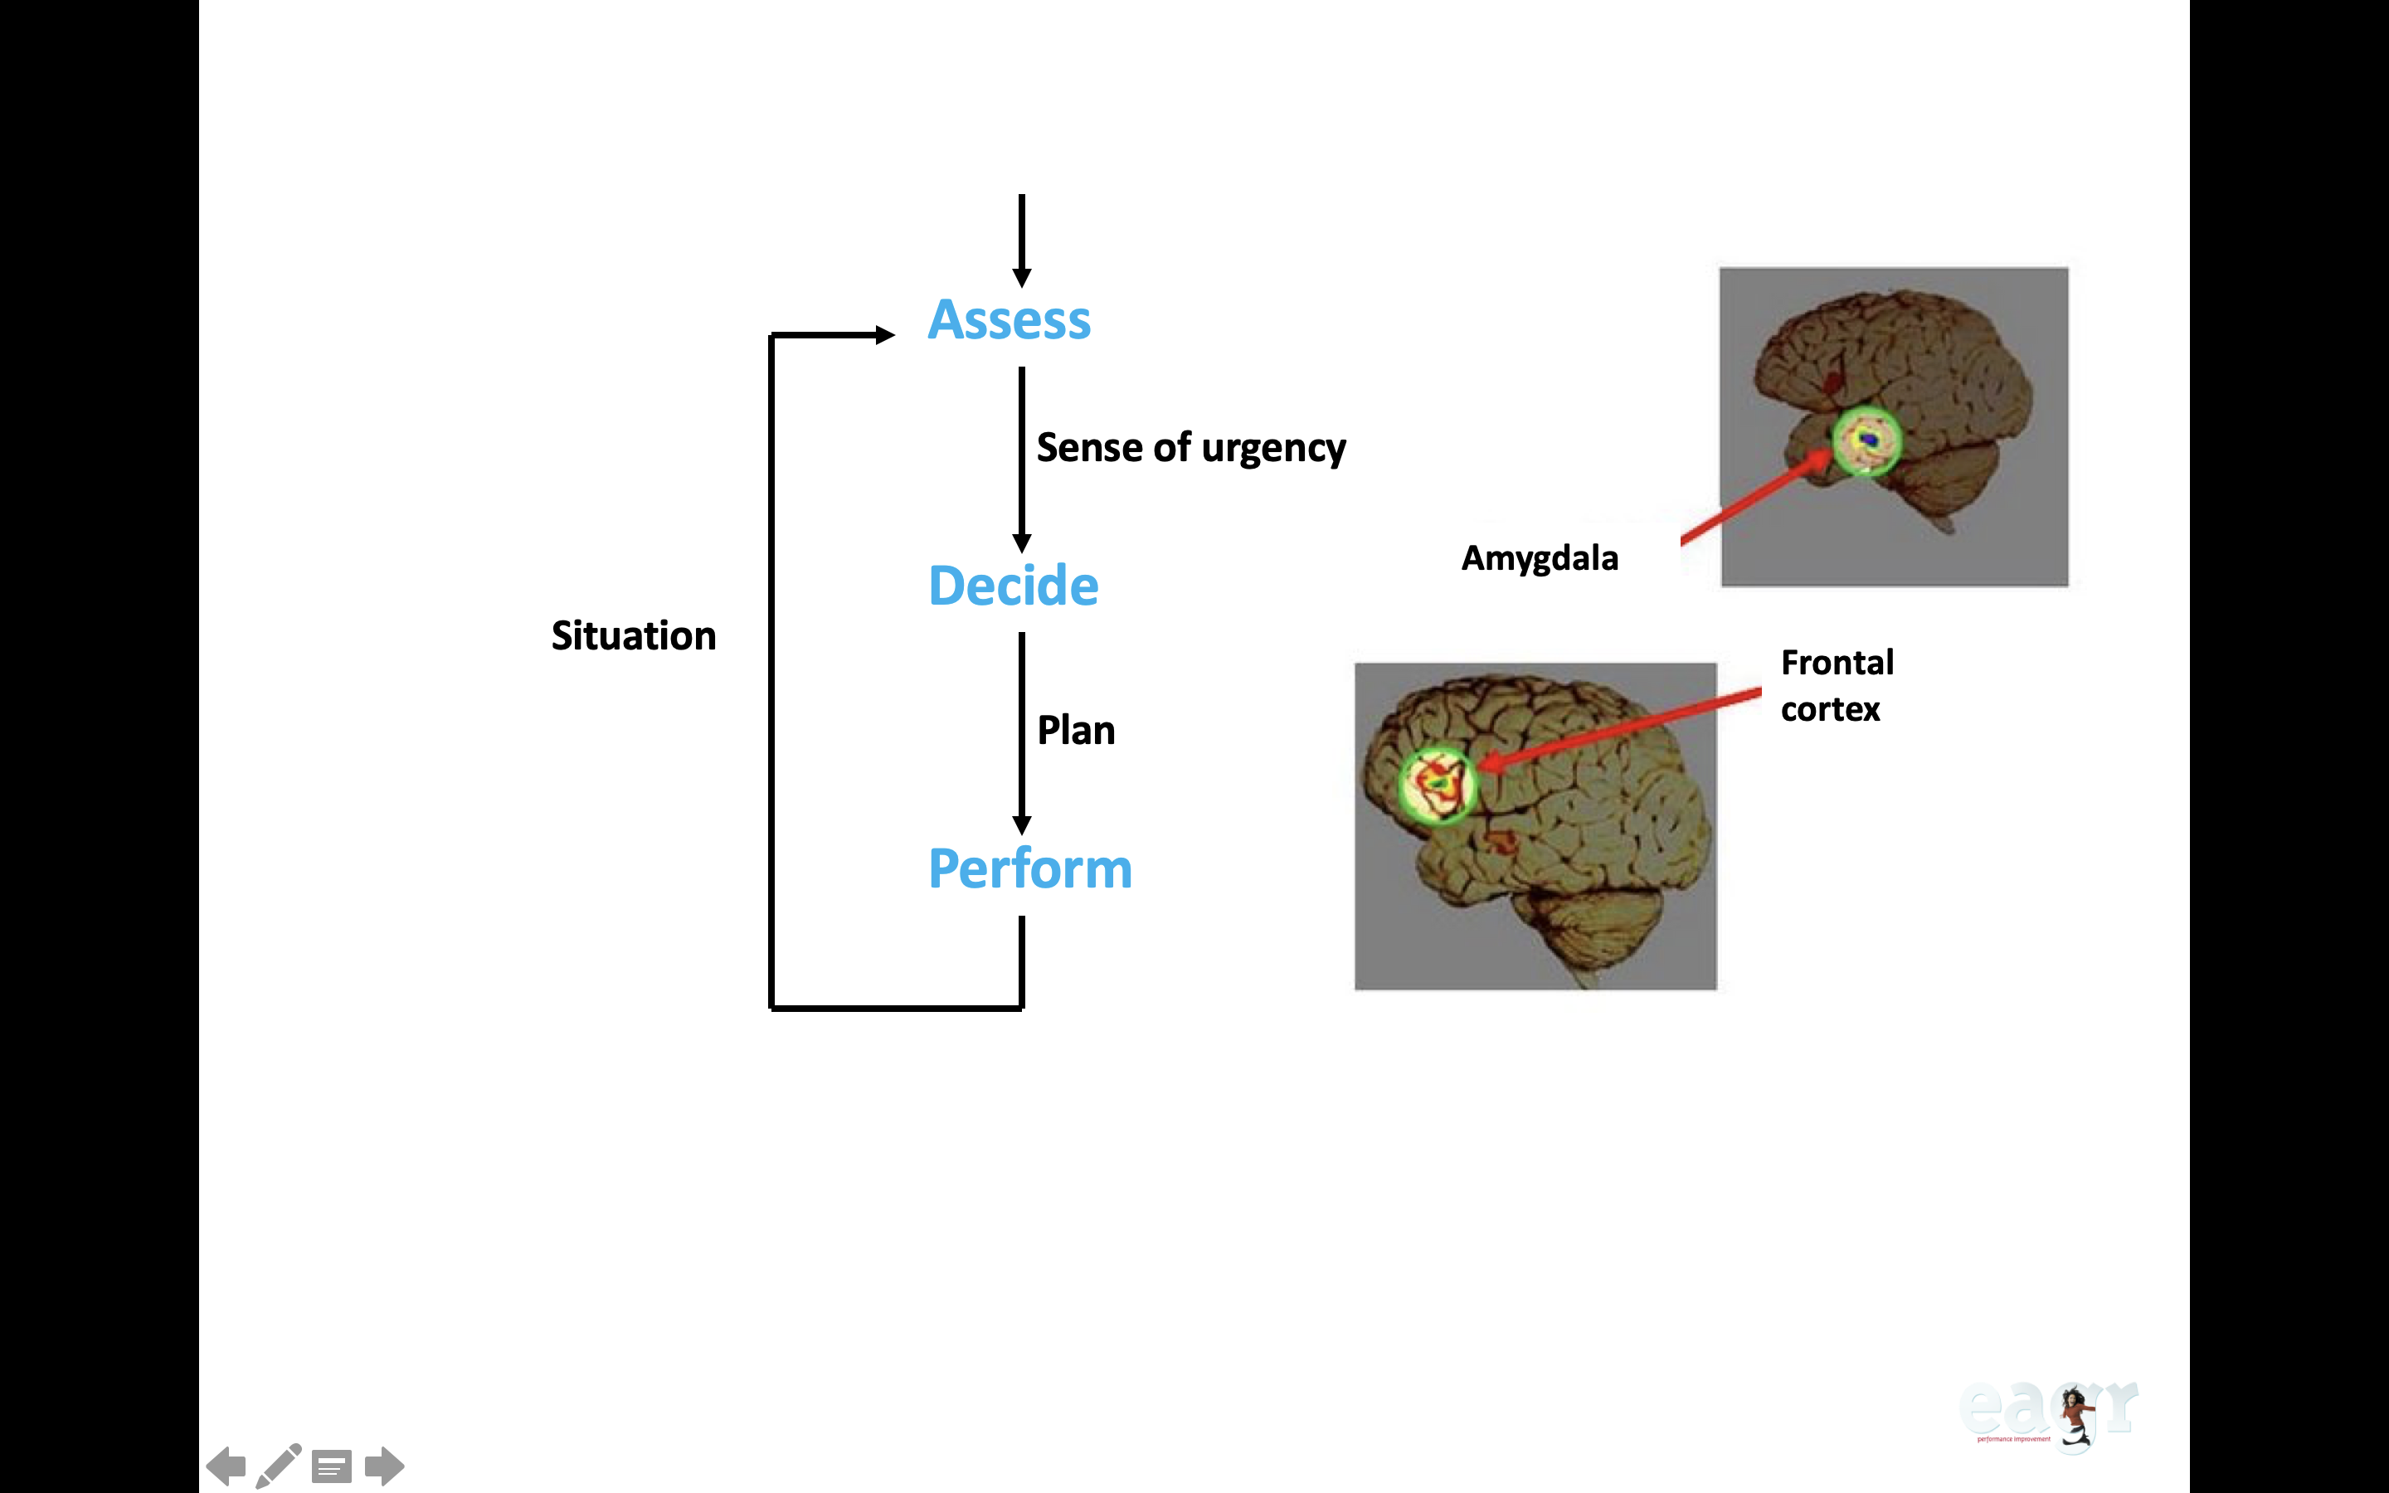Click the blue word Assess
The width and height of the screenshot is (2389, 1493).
pyautogui.click(x=1009, y=320)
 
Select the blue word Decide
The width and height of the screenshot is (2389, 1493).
pyautogui.click(x=1013, y=586)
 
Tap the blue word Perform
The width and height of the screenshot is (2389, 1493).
pyautogui.click(x=1029, y=869)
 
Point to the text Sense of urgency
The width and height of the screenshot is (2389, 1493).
pyautogui.click(x=1190, y=448)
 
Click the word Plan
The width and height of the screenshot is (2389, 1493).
pyautogui.click(x=1076, y=731)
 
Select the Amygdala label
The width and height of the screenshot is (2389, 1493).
pyautogui.click(x=1539, y=558)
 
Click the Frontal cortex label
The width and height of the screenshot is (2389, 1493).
pyautogui.click(x=1837, y=685)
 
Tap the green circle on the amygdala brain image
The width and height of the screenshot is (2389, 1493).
pyautogui.click(x=1866, y=440)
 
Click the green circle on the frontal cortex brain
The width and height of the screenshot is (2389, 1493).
pyautogui.click(x=1438, y=784)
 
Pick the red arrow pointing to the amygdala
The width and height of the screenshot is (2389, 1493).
pyautogui.click(x=1752, y=498)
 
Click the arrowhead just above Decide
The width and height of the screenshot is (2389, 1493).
pyautogui.click(x=1022, y=542)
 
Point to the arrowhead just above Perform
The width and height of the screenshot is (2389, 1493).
pyautogui.click(x=1022, y=824)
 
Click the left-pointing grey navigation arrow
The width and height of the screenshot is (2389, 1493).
pyautogui.click(x=227, y=1466)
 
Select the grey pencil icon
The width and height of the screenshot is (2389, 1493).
pyautogui.click(x=279, y=1466)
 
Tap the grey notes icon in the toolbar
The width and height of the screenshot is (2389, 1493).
pyautogui.click(x=332, y=1466)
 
